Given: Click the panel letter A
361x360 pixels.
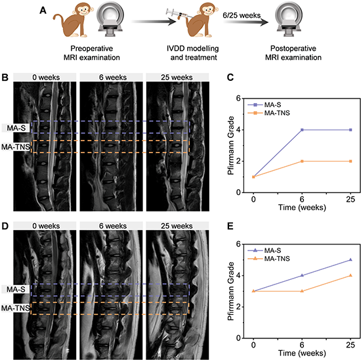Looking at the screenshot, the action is [x=43, y=11].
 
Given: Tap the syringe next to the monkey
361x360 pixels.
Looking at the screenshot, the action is [x=178, y=14].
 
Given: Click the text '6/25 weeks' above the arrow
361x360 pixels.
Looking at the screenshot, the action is [x=242, y=16].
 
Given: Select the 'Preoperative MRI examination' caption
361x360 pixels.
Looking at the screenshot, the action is [x=92, y=53].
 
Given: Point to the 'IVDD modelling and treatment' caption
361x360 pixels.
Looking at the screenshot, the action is [x=193, y=53].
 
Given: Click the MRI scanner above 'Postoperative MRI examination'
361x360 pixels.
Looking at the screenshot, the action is [x=289, y=20].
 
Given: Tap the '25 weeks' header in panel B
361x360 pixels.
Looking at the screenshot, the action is [x=177, y=78].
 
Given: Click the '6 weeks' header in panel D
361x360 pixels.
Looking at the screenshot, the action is [x=113, y=226].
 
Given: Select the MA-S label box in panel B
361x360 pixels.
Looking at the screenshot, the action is [x=16, y=128].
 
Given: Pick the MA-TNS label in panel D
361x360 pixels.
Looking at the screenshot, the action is [x=16, y=308].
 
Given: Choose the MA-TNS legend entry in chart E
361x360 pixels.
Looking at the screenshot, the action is [x=268, y=259].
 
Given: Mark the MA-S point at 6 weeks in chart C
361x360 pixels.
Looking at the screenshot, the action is [x=302, y=130].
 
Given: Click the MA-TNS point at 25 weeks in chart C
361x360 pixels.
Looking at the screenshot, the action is [x=350, y=162].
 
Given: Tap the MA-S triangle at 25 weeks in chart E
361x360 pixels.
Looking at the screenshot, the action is [x=350, y=259].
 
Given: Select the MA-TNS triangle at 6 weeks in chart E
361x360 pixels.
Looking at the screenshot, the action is [x=302, y=291].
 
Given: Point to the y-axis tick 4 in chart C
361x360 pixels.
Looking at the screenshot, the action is [x=238, y=130].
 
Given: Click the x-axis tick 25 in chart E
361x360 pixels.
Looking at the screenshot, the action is [x=350, y=345].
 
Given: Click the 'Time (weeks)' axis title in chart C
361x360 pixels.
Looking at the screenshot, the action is [x=302, y=208].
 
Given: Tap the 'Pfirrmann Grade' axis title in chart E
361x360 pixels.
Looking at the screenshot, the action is [x=230, y=291].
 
